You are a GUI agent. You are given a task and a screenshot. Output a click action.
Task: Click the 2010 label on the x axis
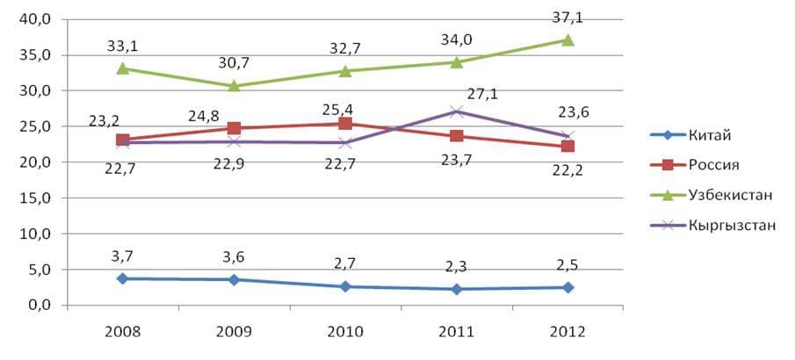(345, 332)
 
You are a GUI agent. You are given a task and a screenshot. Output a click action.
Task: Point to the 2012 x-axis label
(567, 332)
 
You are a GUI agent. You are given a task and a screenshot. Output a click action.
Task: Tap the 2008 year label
(123, 332)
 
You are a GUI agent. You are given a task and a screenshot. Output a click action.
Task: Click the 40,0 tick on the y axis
(34, 19)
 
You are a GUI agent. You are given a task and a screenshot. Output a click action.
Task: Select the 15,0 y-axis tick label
(34, 198)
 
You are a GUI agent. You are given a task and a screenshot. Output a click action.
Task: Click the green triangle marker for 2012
(567, 40)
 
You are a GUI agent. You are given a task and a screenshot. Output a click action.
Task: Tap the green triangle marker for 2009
(234, 85)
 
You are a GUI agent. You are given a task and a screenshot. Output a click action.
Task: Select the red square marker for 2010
(345, 124)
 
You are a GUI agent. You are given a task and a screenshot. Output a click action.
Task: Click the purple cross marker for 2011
(456, 112)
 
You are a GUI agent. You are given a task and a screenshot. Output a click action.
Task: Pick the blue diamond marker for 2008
(123, 278)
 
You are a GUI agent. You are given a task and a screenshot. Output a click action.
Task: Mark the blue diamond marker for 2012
(567, 287)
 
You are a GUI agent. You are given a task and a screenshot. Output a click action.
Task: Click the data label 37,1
(568, 18)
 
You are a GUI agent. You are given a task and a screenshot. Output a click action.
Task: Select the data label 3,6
(235, 257)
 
